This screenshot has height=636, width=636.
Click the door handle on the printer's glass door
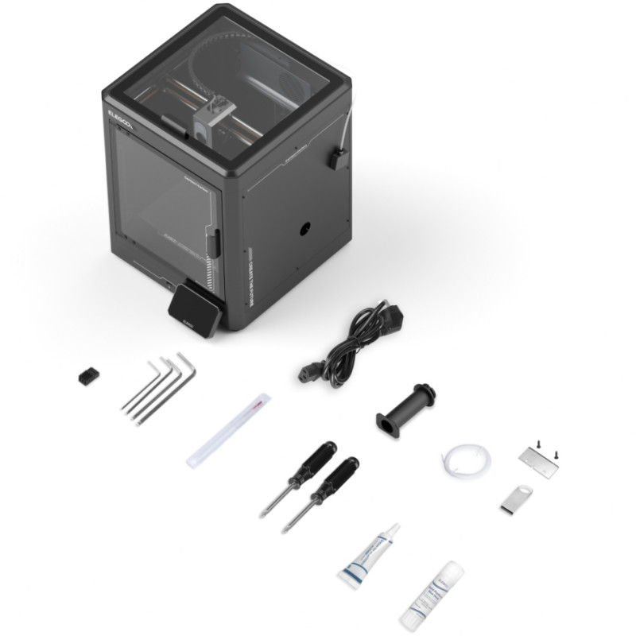[215, 242]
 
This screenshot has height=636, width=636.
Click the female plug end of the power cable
[311, 370]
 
